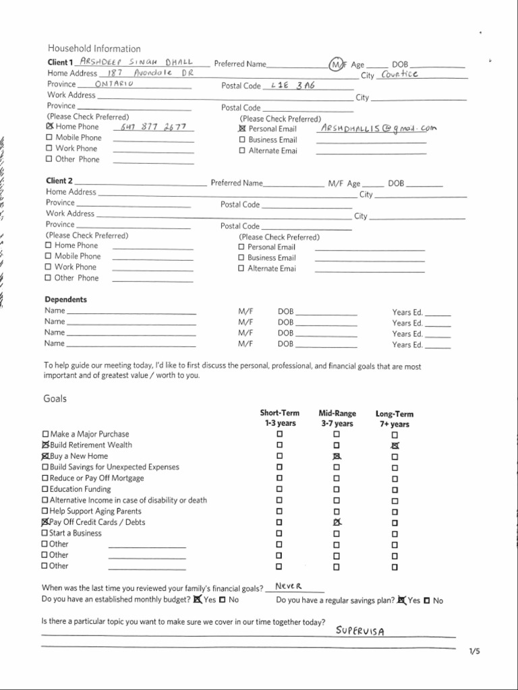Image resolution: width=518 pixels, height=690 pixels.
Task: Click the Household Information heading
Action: [x=94, y=49]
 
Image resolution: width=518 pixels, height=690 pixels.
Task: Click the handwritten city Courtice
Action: [x=399, y=74]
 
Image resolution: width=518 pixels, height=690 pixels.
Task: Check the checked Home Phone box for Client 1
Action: [x=49, y=126]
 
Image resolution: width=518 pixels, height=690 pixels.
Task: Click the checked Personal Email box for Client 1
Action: [x=242, y=129]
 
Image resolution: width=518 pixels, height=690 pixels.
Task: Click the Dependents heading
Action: [x=65, y=299]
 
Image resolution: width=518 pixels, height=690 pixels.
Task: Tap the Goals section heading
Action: [x=55, y=398]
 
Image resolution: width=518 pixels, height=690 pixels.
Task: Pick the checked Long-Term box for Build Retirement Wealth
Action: [x=395, y=445]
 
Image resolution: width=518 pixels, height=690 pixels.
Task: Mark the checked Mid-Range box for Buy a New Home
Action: [x=337, y=456]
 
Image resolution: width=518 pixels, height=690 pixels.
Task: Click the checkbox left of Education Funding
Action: [x=46, y=489]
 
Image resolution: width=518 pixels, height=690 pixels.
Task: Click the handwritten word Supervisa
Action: [x=360, y=631]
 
